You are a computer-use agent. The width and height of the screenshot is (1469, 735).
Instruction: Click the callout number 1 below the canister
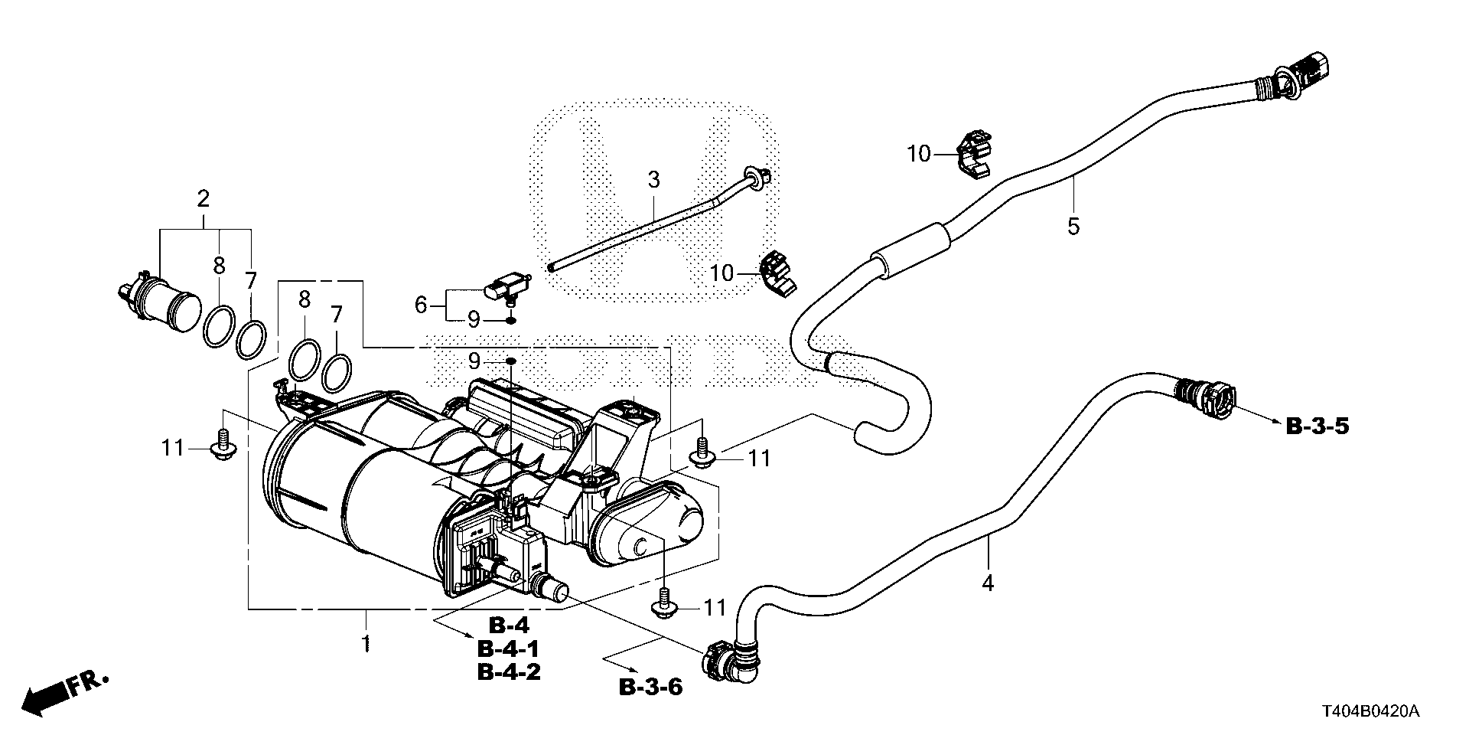[366, 642]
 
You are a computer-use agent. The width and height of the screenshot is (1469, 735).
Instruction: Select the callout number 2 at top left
[203, 199]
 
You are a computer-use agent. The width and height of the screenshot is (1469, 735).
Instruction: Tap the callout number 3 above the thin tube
[653, 181]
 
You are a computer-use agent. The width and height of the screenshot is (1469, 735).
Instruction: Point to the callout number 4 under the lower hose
[988, 583]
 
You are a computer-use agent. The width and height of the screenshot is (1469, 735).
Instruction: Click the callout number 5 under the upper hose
[1073, 226]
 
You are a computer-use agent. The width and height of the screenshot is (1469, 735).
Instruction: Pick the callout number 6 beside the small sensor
[421, 305]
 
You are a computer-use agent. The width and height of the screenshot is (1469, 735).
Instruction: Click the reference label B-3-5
[1317, 426]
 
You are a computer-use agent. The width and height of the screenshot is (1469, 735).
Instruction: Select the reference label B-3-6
[650, 687]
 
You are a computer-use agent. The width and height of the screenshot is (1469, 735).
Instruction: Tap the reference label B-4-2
[509, 671]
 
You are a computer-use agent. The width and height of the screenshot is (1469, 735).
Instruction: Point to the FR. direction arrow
[65, 691]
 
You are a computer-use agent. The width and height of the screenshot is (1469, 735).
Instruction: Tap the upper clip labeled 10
[972, 155]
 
